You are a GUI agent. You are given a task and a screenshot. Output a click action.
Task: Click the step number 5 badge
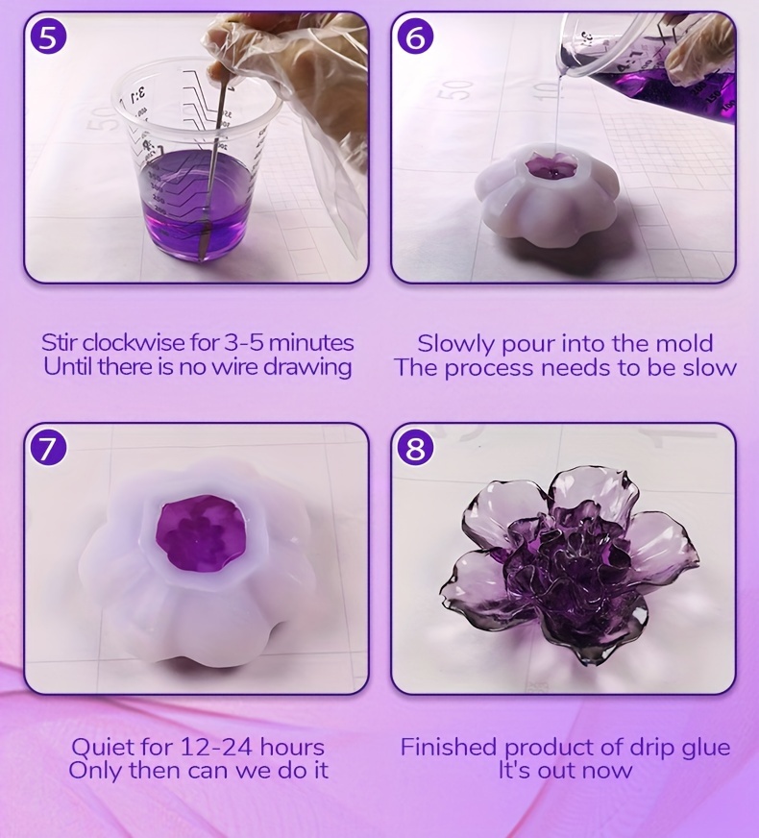point(48,37)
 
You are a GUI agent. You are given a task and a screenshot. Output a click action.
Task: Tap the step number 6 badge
point(416,37)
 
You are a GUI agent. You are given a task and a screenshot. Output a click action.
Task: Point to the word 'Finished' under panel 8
point(449,747)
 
